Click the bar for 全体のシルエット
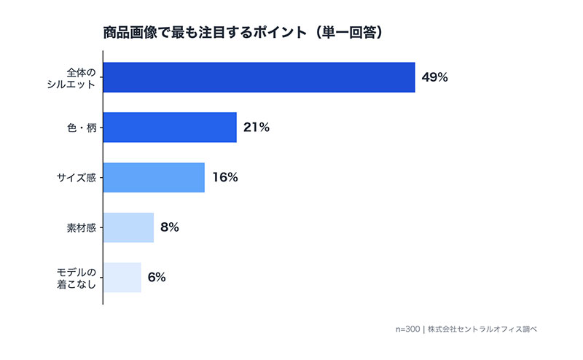pyautogui.click(x=259, y=77)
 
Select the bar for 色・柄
pyautogui.click(x=170, y=128)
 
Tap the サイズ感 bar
pyautogui.click(x=154, y=177)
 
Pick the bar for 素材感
pyautogui.click(x=128, y=227)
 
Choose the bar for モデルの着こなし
pyautogui.click(x=122, y=277)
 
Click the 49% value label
pyautogui.click(x=434, y=77)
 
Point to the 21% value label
pyautogui.click(x=257, y=128)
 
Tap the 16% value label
pyautogui.click(x=224, y=177)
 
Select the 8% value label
pyautogui.click(x=170, y=227)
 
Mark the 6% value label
pyautogui.click(x=157, y=277)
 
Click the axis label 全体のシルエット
pyautogui.click(x=76, y=77)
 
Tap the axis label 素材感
pyautogui.click(x=81, y=227)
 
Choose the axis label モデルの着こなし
pyautogui.click(x=76, y=278)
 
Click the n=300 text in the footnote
pyautogui.click(x=407, y=329)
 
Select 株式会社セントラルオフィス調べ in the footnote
pyautogui.click(x=482, y=329)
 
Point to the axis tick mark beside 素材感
pyautogui.click(x=101, y=227)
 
